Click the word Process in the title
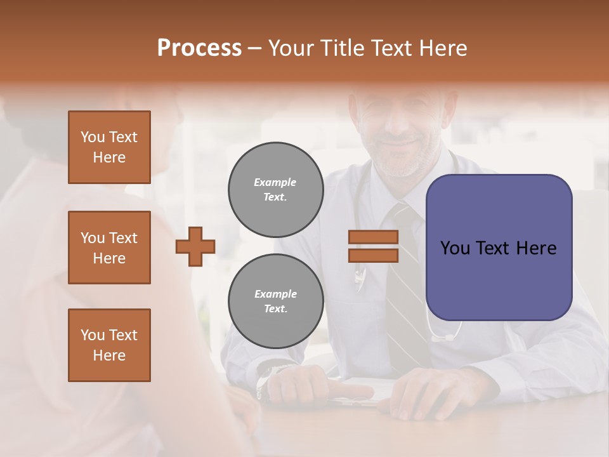[199, 48]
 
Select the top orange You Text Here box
[109, 147]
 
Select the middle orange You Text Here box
[109, 248]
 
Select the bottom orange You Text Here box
[109, 345]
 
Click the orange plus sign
[195, 246]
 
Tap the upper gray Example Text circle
[275, 190]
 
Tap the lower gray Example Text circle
[275, 301]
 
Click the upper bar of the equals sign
[373, 237]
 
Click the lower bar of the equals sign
[373, 255]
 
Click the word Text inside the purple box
[494, 248]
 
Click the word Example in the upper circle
[275, 183]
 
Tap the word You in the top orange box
[93, 137]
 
